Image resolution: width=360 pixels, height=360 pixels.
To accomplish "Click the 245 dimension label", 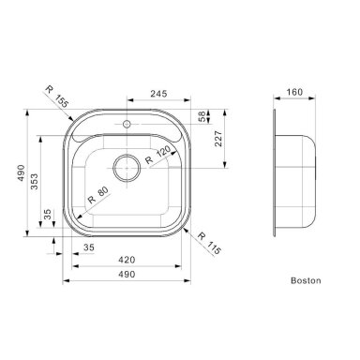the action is tap(158, 94).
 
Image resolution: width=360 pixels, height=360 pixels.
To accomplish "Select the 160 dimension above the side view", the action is tap(294, 92).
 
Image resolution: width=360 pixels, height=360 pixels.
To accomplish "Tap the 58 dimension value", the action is tap(202, 116).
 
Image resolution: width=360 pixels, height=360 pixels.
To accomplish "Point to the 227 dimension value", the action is tap(218, 139).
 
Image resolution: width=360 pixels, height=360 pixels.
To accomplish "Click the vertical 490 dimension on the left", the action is tap(21, 172).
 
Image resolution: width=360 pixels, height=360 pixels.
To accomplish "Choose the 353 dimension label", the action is tap(34, 182).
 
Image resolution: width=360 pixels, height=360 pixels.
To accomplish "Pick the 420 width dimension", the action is tap(127, 260).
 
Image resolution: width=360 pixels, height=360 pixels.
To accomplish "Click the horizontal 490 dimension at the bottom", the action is tap(127, 274).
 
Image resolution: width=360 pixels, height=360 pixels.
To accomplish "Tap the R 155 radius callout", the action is tap(57, 97).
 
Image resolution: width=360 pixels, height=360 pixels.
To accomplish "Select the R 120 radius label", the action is tap(158, 155).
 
